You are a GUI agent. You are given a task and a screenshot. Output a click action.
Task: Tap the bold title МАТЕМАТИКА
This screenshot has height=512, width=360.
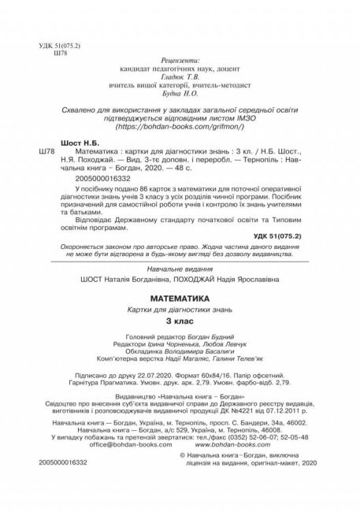click(x=180, y=299)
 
